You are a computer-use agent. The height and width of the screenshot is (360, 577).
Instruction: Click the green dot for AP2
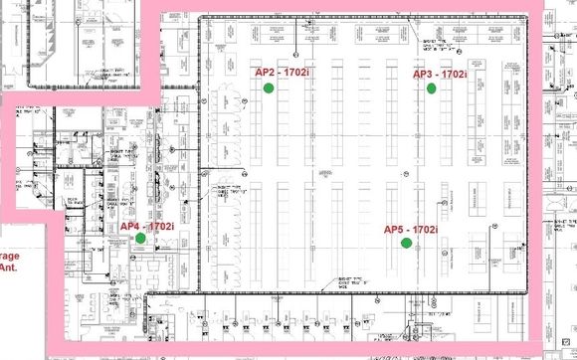(269, 89)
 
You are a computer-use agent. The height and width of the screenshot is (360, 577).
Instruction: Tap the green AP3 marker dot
(432, 89)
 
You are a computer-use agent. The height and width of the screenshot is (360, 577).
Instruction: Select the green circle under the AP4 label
(141, 239)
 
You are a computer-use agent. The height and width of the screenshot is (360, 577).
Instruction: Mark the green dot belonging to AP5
(405, 243)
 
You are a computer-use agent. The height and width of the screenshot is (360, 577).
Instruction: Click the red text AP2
(266, 73)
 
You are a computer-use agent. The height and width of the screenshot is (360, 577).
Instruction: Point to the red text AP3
(424, 75)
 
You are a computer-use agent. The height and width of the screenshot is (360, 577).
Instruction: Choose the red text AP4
(130, 227)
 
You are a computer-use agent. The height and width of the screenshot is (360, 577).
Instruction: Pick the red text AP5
(395, 230)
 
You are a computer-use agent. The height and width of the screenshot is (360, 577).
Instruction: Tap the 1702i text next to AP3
(455, 75)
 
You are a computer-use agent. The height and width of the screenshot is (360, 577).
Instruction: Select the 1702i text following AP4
(160, 227)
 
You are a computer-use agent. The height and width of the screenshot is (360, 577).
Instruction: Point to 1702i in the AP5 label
(425, 230)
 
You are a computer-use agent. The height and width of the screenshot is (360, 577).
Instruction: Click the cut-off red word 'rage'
(9, 255)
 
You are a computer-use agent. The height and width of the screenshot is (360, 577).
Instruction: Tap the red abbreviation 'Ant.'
(9, 267)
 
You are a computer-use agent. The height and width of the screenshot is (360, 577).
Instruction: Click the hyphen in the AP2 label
(281, 73)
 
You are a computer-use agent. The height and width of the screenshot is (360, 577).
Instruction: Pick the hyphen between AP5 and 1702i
(409, 230)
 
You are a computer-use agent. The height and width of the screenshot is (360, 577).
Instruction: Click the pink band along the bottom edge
(298, 349)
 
